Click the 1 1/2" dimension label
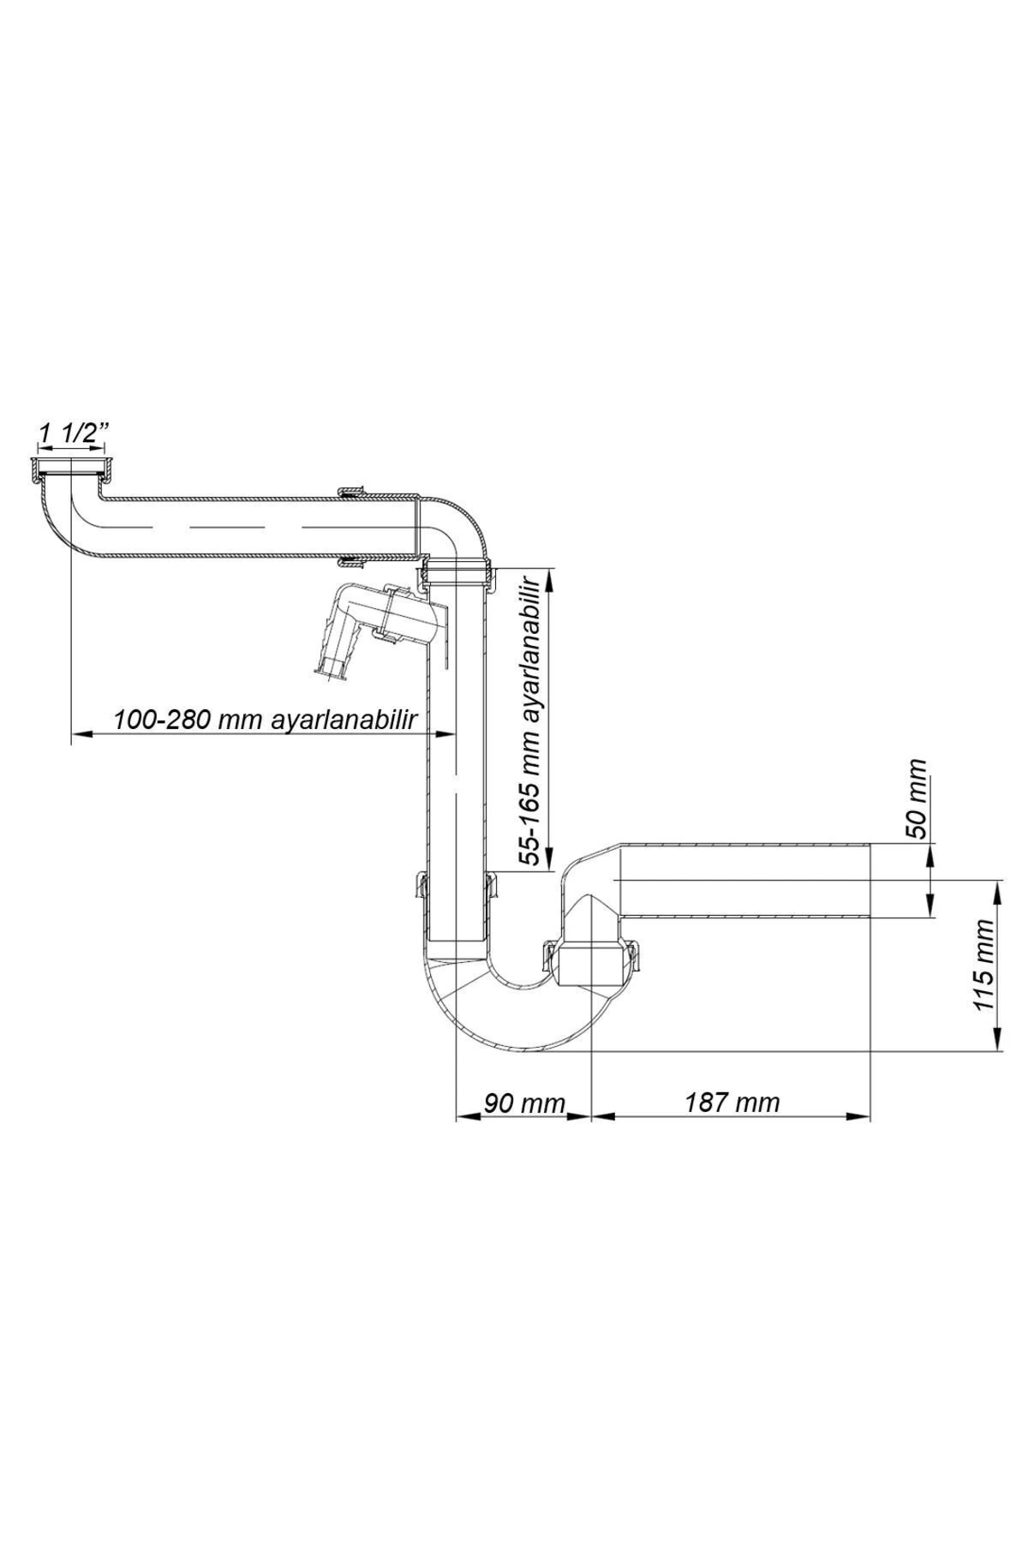[x=71, y=434]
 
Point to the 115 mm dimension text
[x=985, y=964]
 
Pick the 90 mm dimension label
[x=523, y=1102]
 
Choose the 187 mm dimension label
[x=732, y=1102]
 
